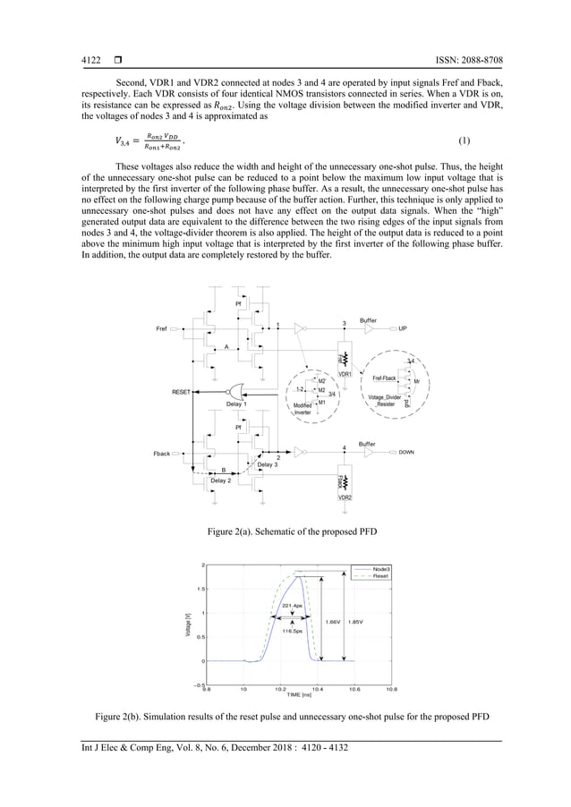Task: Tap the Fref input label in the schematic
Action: [x=162, y=328]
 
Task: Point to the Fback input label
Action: [x=160, y=454]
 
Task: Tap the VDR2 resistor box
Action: [x=344, y=484]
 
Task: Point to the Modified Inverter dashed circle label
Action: [x=303, y=409]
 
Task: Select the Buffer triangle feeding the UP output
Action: [x=368, y=328]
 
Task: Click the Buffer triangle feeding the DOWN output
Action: [x=367, y=453]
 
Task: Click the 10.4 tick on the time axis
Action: [x=317, y=690]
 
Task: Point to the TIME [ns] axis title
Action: [x=298, y=695]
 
